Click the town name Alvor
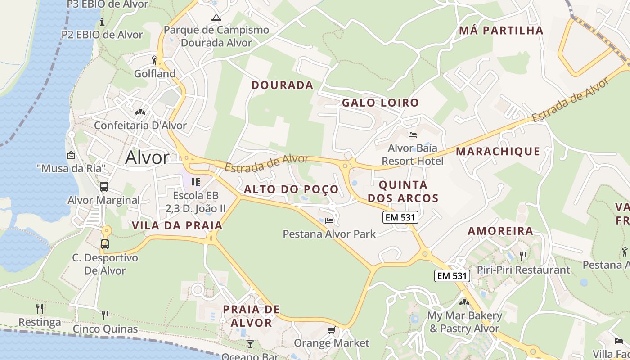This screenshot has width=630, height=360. [147, 157]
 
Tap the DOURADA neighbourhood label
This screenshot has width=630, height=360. [282, 85]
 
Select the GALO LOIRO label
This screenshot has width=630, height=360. [380, 103]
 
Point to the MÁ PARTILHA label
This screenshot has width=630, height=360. [501, 31]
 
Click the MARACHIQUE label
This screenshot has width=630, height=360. [498, 151]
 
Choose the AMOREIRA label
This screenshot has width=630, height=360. [500, 231]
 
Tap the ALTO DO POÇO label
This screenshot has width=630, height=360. [291, 189]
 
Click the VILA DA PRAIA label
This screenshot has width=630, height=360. [177, 225]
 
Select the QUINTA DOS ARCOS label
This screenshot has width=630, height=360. [403, 191]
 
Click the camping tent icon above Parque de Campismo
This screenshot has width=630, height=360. [216, 18]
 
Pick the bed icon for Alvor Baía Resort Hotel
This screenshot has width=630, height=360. [413, 135]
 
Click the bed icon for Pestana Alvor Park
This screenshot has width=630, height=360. [329, 220]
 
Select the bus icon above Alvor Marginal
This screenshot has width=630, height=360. [104, 186]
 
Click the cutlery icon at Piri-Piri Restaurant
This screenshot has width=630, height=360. [523, 256]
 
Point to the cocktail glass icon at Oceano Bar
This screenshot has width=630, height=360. [250, 344]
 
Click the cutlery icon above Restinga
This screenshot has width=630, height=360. [40, 309]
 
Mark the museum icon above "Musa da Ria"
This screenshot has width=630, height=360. [71, 155]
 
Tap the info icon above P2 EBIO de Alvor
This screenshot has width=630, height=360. [102, 21]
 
